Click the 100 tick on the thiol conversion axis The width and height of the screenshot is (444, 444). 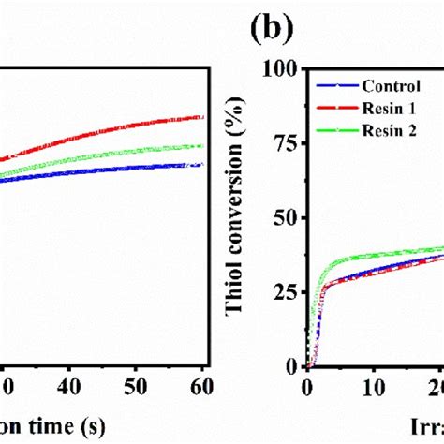pyautogui.click(x=282, y=68)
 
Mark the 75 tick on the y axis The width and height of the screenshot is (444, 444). pyautogui.click(x=287, y=143)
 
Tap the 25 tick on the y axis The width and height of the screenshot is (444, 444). pyautogui.click(x=287, y=292)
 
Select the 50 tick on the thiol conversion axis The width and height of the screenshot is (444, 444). pyautogui.click(x=287, y=218)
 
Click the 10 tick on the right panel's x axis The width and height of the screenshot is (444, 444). pyautogui.click(x=373, y=386)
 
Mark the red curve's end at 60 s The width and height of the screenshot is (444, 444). pyautogui.click(x=202, y=117)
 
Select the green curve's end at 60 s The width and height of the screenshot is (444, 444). pyautogui.click(x=202, y=146)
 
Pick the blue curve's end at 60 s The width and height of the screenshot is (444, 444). pyautogui.click(x=202, y=165)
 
